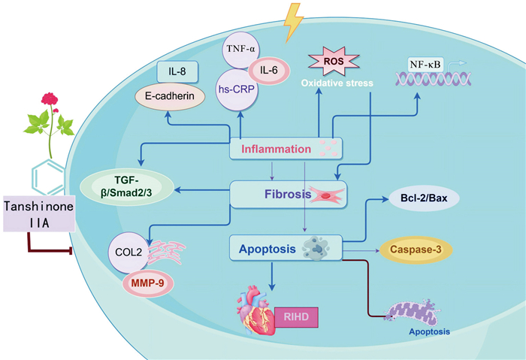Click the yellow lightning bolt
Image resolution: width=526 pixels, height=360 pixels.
[292, 23]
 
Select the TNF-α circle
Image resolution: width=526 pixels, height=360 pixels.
[240, 49]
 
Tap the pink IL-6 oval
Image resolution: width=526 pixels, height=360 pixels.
[269, 71]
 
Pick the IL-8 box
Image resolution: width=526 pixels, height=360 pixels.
[177, 71]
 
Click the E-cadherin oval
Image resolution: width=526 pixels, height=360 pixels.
[170, 96]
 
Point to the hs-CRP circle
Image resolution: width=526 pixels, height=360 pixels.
[237, 89]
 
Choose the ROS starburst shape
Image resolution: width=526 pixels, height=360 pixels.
[334, 61]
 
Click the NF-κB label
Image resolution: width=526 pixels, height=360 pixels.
[425, 64]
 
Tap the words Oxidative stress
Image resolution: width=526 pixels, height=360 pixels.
[337, 83]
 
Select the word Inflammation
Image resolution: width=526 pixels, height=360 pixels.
[276, 149]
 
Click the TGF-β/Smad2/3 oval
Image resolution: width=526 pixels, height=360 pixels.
[127, 187]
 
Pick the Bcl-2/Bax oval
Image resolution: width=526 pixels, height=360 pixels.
[424, 198]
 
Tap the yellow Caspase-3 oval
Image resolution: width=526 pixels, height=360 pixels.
[416, 250]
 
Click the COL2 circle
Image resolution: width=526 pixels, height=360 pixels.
[128, 253]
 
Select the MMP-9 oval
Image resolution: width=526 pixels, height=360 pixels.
[147, 283]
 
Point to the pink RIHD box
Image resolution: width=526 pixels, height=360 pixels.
[297, 317]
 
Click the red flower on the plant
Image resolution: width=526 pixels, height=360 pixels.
[50, 99]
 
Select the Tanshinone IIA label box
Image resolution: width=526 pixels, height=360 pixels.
[39, 213]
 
